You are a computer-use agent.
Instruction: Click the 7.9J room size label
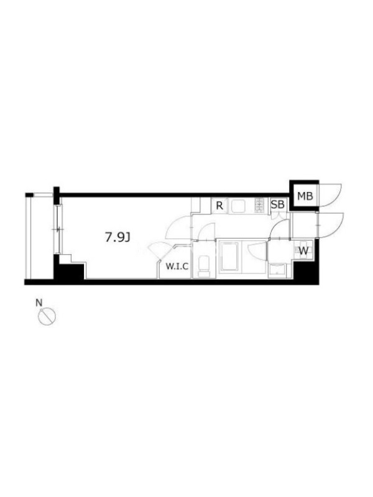(x=118, y=237)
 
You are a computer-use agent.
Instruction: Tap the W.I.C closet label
(x=177, y=267)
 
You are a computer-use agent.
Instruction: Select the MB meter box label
(x=305, y=196)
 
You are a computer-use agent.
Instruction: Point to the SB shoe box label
(x=277, y=205)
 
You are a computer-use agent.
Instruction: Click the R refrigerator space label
(x=219, y=206)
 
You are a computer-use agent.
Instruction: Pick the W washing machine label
(x=303, y=251)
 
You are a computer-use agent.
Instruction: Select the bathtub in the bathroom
(x=229, y=256)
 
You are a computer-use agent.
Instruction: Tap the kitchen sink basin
(x=238, y=206)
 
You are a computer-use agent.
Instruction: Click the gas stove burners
(x=259, y=205)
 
